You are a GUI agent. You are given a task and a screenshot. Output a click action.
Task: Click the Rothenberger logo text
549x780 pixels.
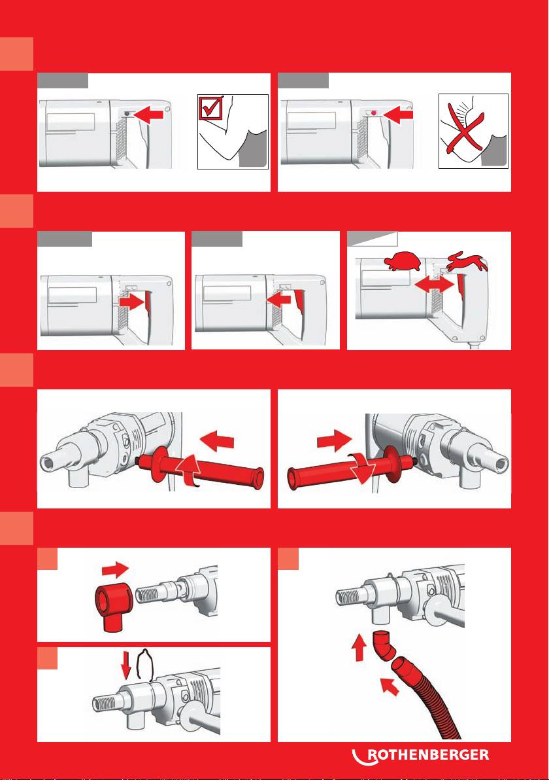click(x=428, y=754)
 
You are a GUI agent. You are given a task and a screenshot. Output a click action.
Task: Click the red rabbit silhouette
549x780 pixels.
click(x=468, y=261)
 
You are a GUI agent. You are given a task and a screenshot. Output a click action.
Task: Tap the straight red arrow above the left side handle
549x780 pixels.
click(x=216, y=441)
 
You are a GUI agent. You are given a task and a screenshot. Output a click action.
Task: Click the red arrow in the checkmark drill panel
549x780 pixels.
click(x=149, y=115)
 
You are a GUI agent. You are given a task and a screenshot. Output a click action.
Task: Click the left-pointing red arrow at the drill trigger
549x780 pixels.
click(x=278, y=299)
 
